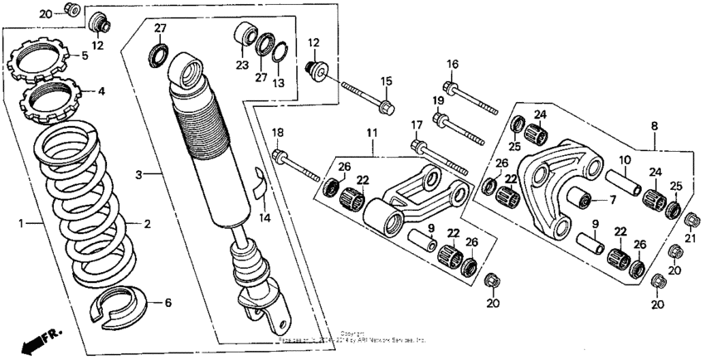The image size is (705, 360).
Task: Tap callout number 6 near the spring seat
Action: tap(169, 303)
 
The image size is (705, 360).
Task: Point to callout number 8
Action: tap(654, 126)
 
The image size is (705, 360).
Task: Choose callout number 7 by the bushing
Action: tap(612, 200)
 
